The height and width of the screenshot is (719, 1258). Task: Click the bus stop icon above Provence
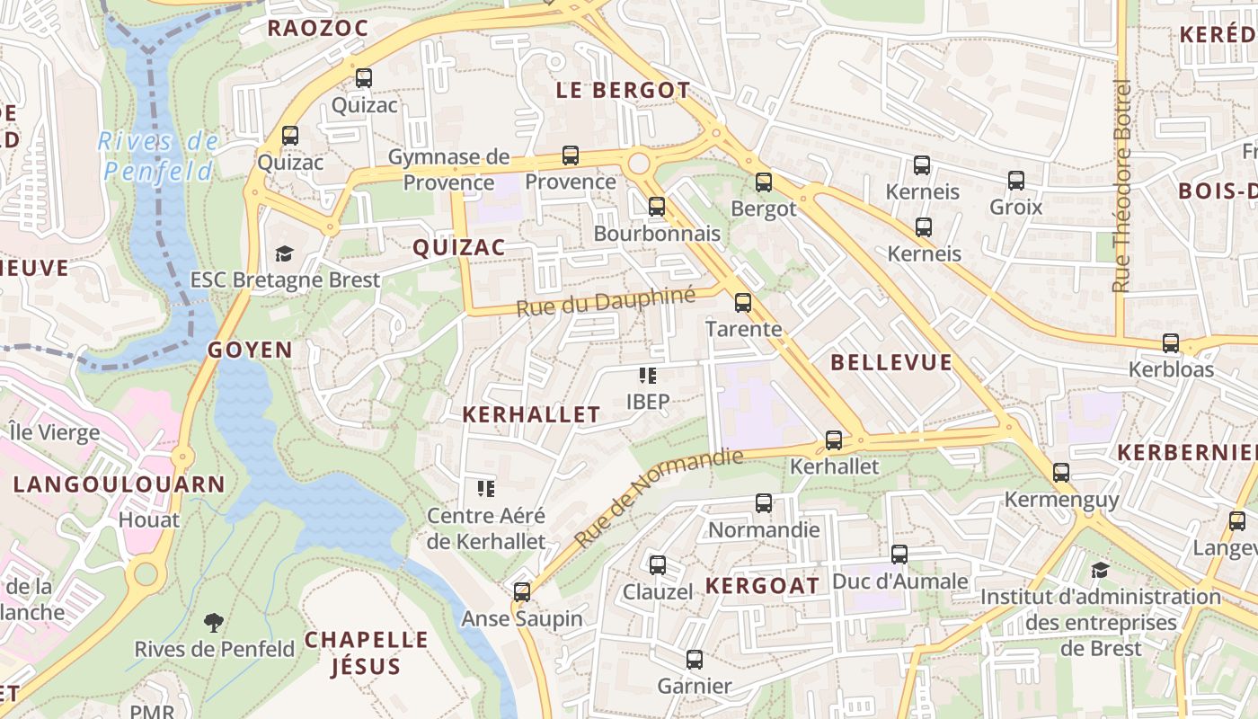(x=570, y=155)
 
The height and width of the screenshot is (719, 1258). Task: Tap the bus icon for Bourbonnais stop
(x=657, y=207)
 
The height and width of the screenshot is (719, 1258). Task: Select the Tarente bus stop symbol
(x=743, y=303)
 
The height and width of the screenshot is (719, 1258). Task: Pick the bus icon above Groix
(x=1016, y=181)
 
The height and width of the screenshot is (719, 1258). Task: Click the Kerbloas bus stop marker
(x=1170, y=343)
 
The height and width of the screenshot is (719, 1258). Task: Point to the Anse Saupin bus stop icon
(x=522, y=592)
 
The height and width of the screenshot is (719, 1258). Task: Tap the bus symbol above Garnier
(x=694, y=660)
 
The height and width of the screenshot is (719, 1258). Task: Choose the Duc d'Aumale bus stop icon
(x=899, y=555)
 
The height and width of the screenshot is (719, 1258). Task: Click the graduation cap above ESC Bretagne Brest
(x=285, y=253)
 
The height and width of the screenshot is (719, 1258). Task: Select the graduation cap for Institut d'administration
(x=1100, y=570)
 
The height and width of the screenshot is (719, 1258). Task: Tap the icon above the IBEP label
(x=647, y=376)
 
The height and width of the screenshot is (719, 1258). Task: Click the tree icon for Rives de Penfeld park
(x=214, y=621)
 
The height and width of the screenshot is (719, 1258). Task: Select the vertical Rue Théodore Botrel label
(x=1121, y=186)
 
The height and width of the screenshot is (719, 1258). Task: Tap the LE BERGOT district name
(x=623, y=90)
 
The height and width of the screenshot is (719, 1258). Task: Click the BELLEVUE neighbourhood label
(x=890, y=362)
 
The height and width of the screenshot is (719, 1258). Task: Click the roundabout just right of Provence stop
(x=639, y=164)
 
